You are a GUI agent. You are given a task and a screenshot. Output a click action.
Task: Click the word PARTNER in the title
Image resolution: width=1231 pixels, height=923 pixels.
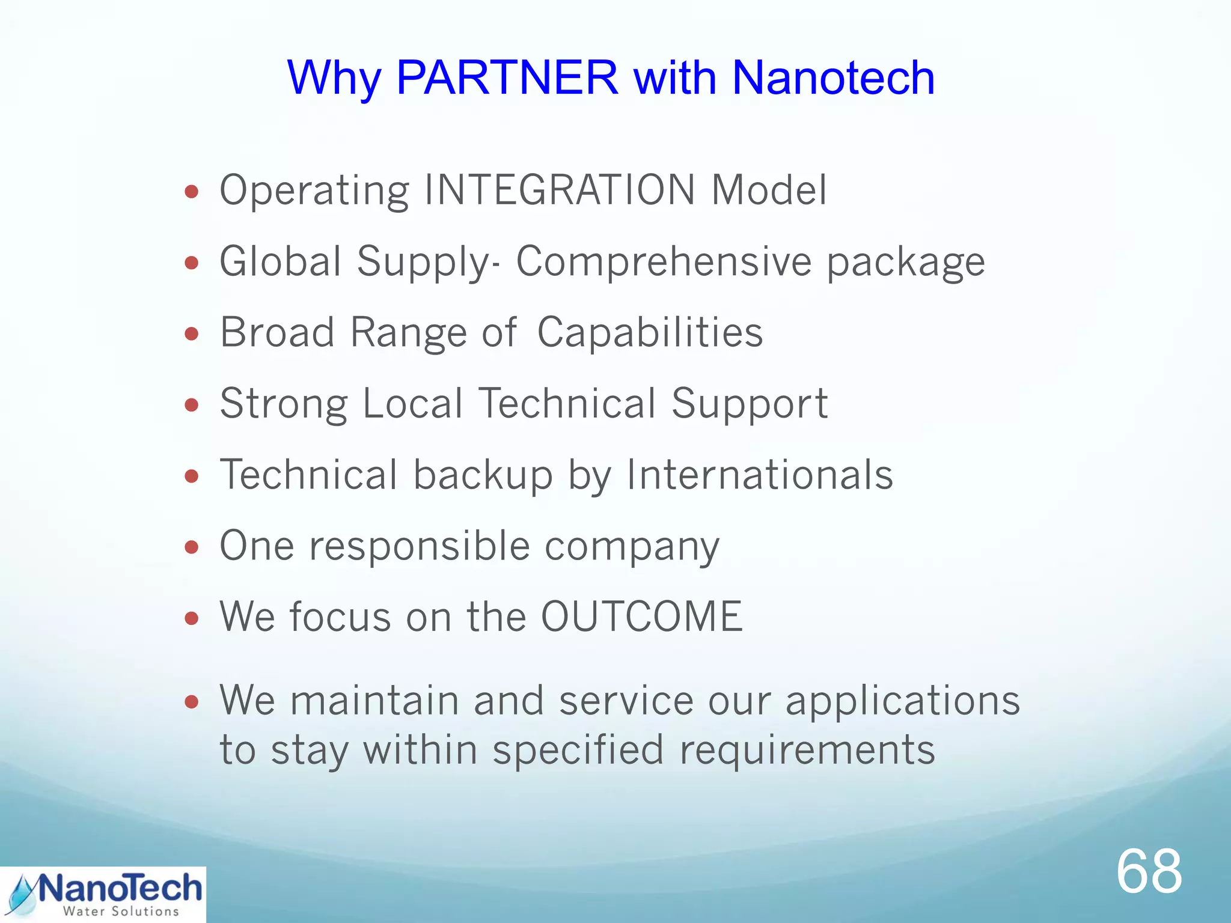pyautogui.click(x=507, y=78)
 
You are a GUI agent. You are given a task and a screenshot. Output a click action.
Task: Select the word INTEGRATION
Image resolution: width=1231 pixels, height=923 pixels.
pyautogui.click(x=560, y=190)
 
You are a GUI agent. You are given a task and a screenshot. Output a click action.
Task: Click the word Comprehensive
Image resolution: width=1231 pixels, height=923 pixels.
pyautogui.click(x=664, y=261)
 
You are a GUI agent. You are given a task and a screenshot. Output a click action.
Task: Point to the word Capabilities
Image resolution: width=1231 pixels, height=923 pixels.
pyautogui.click(x=650, y=332)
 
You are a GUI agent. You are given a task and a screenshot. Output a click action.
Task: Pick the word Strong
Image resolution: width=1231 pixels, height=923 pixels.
pyautogui.click(x=284, y=403)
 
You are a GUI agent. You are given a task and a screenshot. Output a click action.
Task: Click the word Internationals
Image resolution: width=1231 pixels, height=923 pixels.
pyautogui.click(x=760, y=475)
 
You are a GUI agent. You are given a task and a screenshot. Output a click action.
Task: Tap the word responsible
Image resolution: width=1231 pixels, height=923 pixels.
pyautogui.click(x=420, y=546)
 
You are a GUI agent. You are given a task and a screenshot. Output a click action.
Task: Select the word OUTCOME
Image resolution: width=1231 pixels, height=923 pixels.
pyautogui.click(x=642, y=617)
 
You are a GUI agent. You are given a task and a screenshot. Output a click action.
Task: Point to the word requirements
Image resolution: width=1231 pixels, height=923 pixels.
pyautogui.click(x=807, y=750)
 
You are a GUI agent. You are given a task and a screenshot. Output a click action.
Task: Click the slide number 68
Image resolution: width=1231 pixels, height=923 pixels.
pyautogui.click(x=1149, y=872)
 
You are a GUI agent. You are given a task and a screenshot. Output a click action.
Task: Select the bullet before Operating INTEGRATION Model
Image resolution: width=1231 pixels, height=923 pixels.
pyautogui.click(x=192, y=192)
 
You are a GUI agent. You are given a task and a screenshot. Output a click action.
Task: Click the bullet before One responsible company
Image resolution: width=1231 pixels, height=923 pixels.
pyautogui.click(x=192, y=547)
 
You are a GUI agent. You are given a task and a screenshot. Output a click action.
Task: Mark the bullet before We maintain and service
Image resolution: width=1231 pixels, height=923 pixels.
pyautogui.click(x=192, y=702)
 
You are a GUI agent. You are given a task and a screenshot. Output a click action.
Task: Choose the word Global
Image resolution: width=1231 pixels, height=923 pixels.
pyautogui.click(x=280, y=261)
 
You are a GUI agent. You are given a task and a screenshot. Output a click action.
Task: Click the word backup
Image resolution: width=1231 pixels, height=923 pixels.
pyautogui.click(x=483, y=475)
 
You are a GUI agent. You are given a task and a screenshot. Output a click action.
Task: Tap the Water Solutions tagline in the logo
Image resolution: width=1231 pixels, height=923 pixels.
pyautogui.click(x=121, y=912)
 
